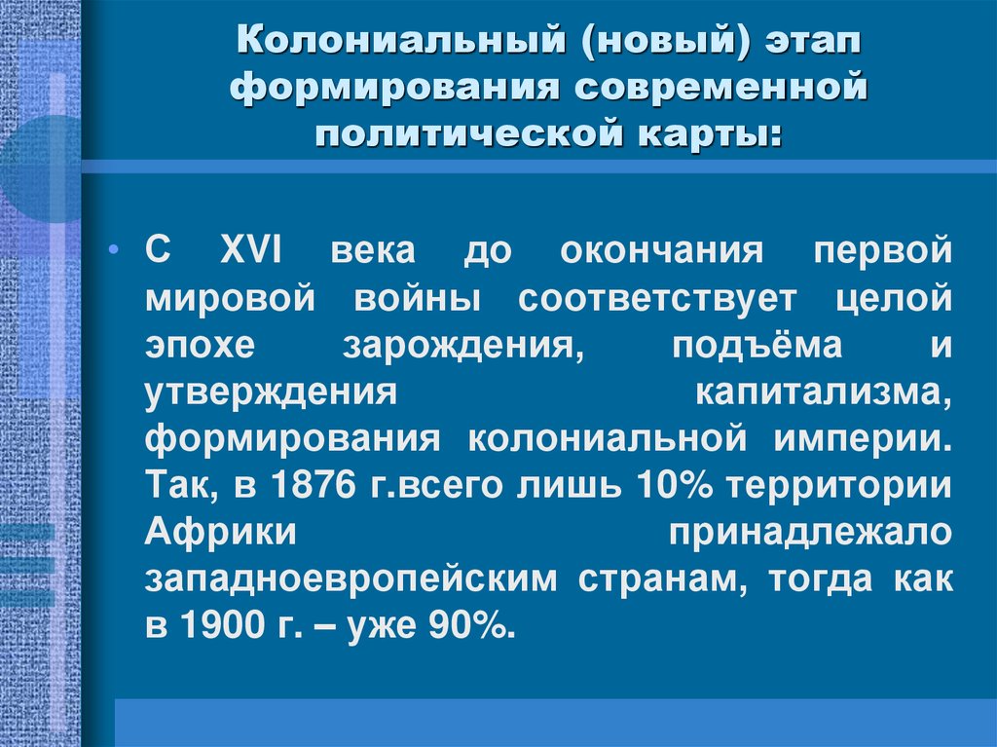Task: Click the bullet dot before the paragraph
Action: click(117, 252)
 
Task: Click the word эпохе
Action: click(200, 345)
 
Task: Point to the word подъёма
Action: click(757, 345)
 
